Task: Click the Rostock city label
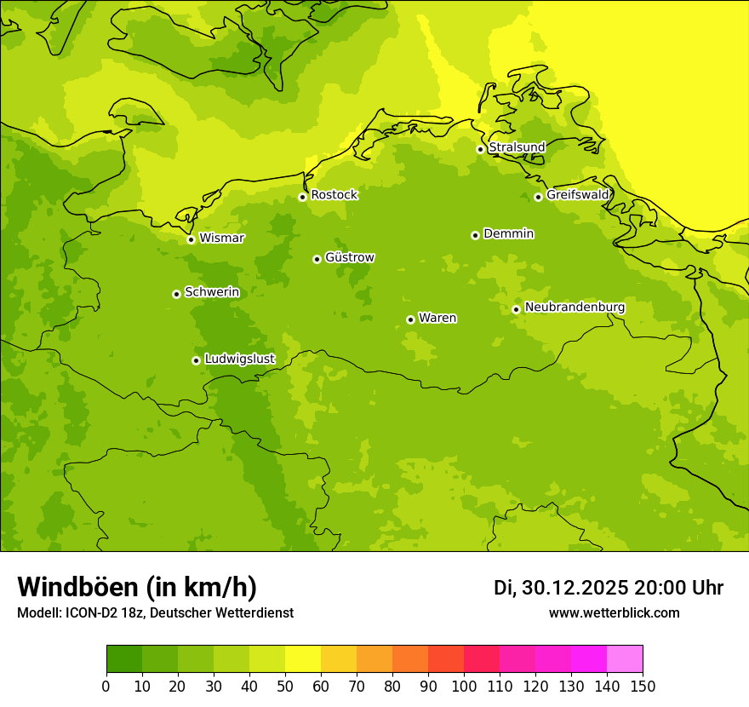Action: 334,195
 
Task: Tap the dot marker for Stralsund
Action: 480,149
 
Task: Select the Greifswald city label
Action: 577,195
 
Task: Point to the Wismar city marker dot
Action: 191,239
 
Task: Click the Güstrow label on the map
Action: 349,257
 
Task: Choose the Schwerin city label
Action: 211,292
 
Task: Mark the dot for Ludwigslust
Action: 196,360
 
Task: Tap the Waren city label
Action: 437,319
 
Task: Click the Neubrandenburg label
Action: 575,308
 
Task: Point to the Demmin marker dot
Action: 475,235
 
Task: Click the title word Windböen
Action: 77,587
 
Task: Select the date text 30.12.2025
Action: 575,588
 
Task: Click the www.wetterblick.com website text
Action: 614,613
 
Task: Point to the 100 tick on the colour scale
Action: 464,686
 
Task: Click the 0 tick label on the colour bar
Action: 106,686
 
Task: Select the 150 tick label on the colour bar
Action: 643,686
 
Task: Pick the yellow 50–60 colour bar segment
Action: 303,659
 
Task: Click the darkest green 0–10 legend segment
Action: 124,659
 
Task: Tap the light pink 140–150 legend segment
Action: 625,659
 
